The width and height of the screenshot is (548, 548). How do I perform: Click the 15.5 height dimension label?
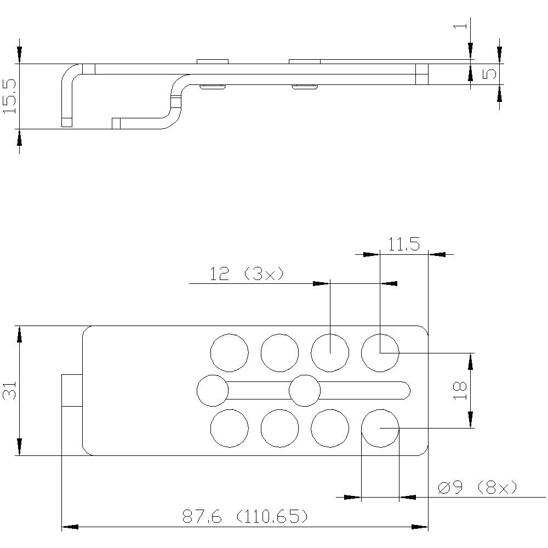(x=10, y=96)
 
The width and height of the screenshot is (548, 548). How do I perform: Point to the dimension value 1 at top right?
(x=461, y=25)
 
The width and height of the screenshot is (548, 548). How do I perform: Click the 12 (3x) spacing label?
(x=247, y=273)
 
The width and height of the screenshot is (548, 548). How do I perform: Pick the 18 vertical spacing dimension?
(x=460, y=390)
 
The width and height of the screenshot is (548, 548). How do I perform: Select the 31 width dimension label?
(x=10, y=391)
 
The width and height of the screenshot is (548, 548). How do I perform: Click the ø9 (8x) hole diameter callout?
(x=477, y=487)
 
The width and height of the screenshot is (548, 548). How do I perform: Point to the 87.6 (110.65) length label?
(x=245, y=516)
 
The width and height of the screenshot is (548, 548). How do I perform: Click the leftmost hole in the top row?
(x=230, y=352)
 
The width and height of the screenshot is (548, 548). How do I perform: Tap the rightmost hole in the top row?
(x=380, y=352)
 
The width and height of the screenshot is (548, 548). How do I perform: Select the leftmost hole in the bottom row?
(x=230, y=428)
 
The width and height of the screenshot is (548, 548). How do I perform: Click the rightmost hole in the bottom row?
(x=380, y=428)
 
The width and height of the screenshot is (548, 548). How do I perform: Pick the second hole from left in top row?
(x=279, y=352)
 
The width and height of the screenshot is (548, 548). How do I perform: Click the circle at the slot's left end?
(x=213, y=391)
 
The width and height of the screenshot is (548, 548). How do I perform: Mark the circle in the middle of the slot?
(x=305, y=391)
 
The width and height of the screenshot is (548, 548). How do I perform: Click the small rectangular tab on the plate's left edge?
(x=72, y=390)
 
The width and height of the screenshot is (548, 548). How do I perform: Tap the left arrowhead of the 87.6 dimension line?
(x=69, y=527)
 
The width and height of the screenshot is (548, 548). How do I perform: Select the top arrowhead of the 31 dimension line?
(x=19, y=333)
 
